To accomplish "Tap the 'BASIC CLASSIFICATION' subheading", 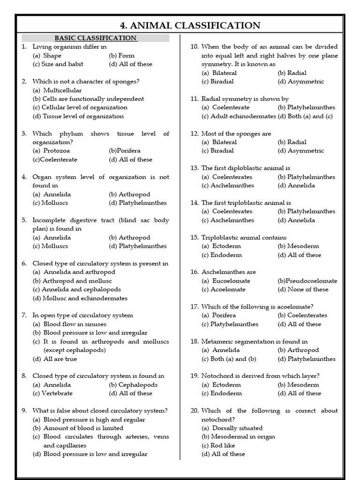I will point(96,38).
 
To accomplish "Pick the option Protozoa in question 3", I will point(52,151).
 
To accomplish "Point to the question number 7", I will point(24,315).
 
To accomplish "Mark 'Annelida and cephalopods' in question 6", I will point(77,289).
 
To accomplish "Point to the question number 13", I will point(195,168).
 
